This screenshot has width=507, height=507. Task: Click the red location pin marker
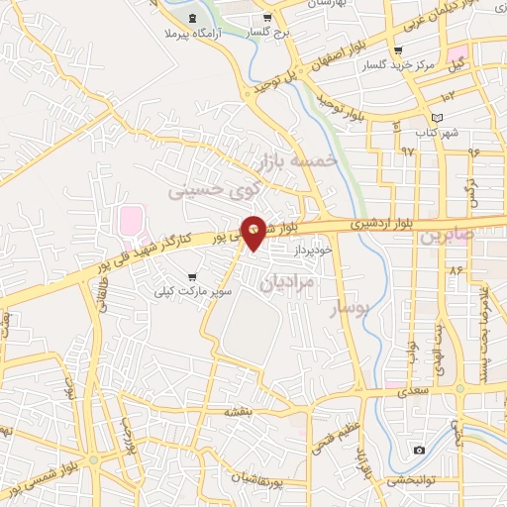tap(253, 231)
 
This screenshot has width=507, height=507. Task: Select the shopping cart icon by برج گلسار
tap(265, 18)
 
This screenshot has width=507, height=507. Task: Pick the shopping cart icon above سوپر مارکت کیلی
tap(190, 277)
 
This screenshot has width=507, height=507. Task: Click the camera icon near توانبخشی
tap(419, 451)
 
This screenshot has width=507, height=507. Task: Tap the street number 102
tap(448, 96)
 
